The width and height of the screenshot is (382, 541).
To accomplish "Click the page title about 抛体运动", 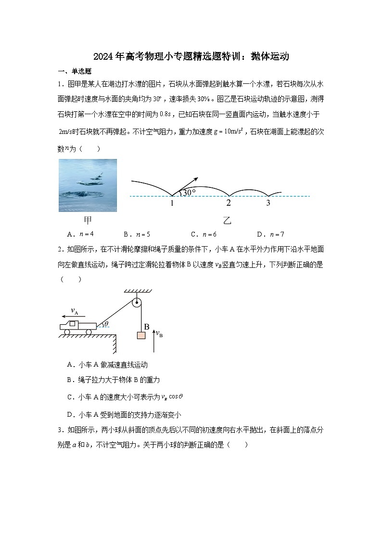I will [191, 56].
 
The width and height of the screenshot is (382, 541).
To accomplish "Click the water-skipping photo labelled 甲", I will [88, 185].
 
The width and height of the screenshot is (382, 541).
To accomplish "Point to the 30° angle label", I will [189, 192].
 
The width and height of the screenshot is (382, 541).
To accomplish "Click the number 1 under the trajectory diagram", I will [172, 203].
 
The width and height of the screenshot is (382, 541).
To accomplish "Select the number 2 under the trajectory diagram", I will [229, 203].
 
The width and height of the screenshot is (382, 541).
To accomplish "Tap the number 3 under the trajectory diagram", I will [268, 203].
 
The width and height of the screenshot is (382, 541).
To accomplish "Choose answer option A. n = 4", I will [80, 235].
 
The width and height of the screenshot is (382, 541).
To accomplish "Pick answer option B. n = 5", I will [137, 235].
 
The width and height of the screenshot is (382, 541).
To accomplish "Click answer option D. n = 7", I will [270, 235].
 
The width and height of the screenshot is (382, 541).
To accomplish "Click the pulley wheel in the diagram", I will [137, 303].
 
